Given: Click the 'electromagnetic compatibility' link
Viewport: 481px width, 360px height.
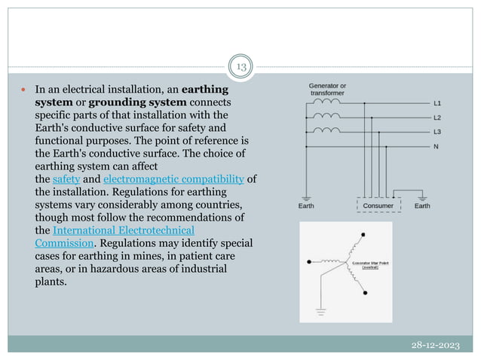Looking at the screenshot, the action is click(173, 179).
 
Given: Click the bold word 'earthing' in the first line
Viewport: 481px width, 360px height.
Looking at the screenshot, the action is click(204, 89).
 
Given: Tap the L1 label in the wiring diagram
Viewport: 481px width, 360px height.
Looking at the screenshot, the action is click(438, 103).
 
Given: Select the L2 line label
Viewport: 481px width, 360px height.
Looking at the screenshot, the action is click(438, 117).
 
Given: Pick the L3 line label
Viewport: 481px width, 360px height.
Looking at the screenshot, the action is click(438, 133).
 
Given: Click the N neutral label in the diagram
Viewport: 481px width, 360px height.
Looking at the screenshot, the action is click(437, 147).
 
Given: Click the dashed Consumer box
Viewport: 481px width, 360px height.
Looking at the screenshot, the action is click(378, 205).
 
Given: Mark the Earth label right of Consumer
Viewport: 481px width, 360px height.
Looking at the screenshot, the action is click(423, 205).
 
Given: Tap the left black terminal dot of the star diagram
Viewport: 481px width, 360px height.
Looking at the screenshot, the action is click(310, 263).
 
